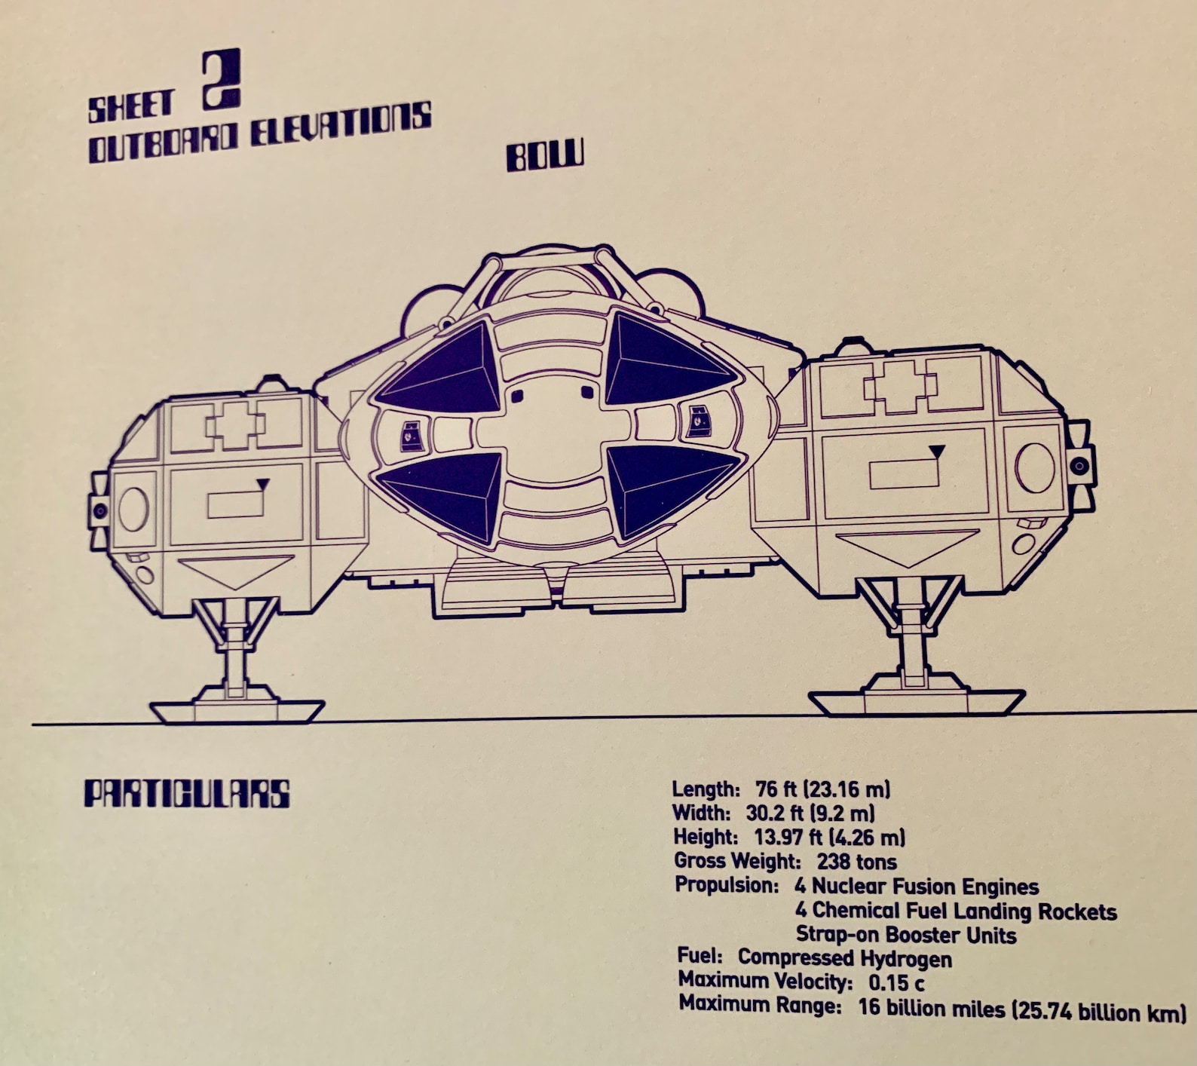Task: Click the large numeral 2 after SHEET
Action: (222, 79)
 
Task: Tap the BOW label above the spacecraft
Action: (544, 157)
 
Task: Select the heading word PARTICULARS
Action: (186, 794)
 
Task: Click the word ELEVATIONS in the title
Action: (340, 127)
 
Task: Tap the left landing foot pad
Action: (237, 710)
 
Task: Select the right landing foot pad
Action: (916, 702)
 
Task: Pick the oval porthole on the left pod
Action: (133, 510)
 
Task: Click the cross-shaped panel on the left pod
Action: (236, 427)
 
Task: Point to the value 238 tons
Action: (856, 861)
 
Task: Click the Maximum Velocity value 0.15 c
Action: (896, 982)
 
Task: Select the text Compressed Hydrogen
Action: (844, 958)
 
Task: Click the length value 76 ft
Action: (776, 789)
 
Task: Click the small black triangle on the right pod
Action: (936, 452)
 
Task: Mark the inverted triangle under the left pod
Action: (236, 571)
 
